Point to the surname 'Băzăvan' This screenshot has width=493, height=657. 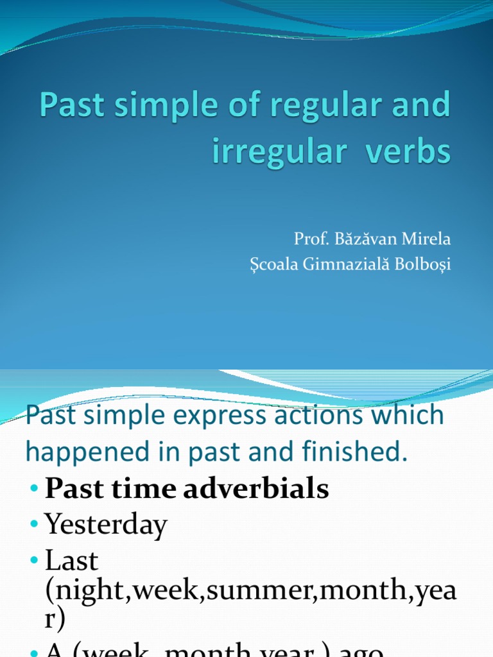click(x=364, y=240)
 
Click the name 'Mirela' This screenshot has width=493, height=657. click(x=426, y=240)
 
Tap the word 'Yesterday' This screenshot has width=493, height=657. click(x=106, y=525)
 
